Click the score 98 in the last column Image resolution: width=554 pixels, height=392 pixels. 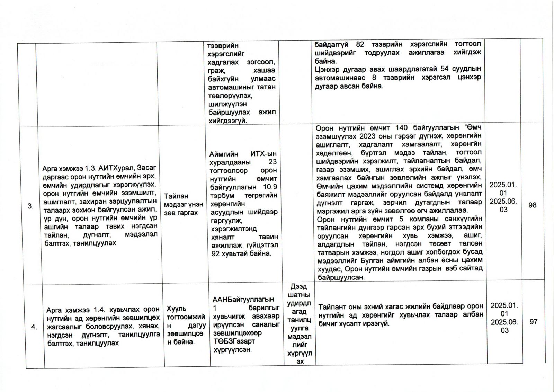[532, 205]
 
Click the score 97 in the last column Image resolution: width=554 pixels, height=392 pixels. [533, 322]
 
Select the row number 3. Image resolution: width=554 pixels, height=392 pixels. [30, 206]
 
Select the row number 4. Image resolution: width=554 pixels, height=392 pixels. [34, 327]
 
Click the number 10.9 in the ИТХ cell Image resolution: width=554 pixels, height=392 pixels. [270, 187]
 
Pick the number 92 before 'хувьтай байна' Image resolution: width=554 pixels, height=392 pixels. [216, 254]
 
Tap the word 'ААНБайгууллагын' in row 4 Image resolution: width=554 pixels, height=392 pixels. [243, 300]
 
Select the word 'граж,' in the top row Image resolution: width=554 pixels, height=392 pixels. [216, 71]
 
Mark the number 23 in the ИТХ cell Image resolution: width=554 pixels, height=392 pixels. [272, 162]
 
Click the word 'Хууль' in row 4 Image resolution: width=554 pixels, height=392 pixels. [176, 309]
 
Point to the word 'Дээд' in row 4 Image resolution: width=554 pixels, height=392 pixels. [299, 287]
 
